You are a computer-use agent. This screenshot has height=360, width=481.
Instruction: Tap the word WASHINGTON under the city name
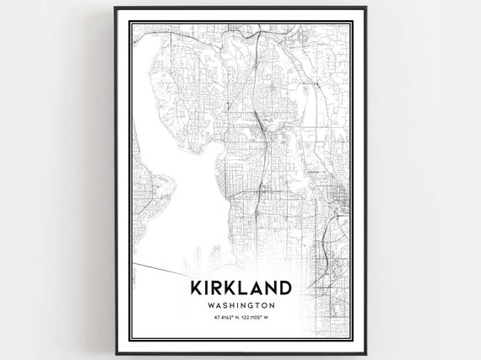click(x=240, y=304)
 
